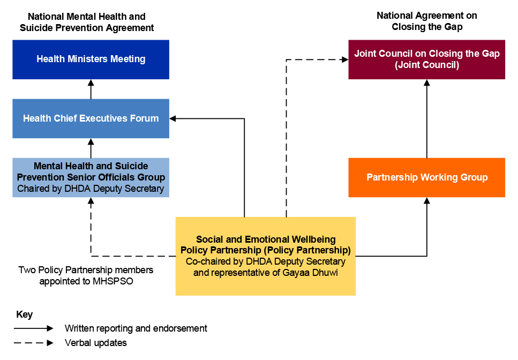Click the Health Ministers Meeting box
(91, 59)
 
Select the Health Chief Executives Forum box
(91, 118)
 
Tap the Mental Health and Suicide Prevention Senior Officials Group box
(91, 177)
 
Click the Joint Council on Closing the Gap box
(426, 59)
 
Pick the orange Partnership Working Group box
(426, 177)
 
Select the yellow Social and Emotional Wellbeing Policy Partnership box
(265, 256)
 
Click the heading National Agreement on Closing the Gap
(426, 21)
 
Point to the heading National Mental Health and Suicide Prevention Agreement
(87, 22)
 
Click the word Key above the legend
(25, 314)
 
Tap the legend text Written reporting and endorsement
(136, 328)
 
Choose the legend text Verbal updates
(96, 343)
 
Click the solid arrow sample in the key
(34, 328)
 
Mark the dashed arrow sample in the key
(34, 343)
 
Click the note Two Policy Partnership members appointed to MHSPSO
(86, 275)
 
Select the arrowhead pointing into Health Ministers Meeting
(91, 82)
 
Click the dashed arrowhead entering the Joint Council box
(345, 59)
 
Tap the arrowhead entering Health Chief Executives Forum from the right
(173, 118)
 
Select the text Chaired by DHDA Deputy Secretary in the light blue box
(91, 189)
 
